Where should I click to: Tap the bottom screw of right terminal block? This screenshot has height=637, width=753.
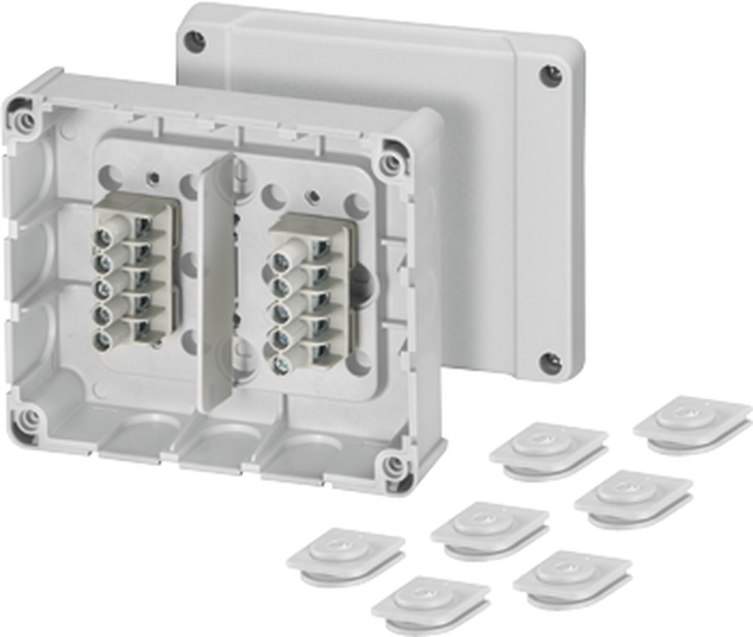(281, 363)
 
